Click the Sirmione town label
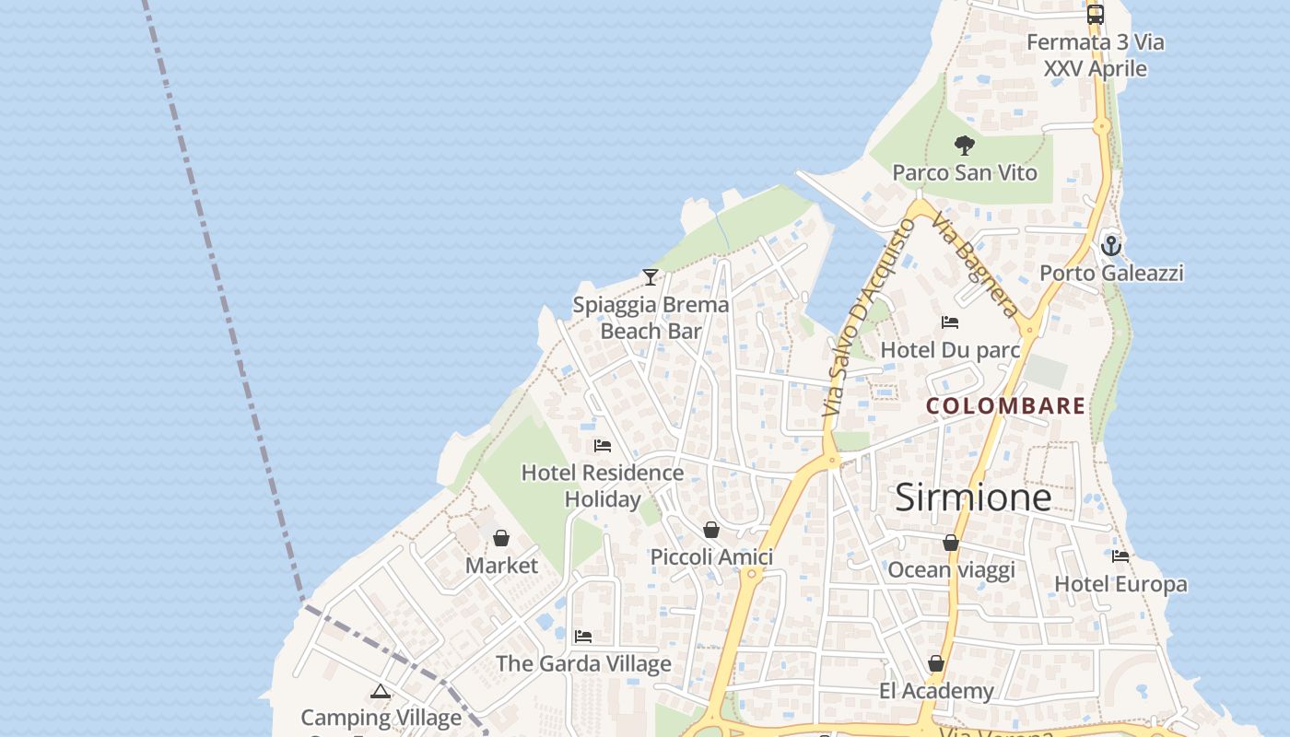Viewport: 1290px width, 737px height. tap(973, 497)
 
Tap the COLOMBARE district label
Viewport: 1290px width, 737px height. tap(1005, 406)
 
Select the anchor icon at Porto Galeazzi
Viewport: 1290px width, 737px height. tap(1111, 246)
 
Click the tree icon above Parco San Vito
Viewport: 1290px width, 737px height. tap(965, 146)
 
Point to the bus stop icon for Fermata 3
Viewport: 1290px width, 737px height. tap(1096, 15)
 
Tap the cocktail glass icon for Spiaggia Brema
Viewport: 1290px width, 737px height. tap(651, 276)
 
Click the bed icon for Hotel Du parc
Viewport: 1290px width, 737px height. tap(950, 322)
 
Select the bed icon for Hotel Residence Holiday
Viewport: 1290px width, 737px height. tap(603, 446)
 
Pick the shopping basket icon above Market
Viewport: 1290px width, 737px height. tap(501, 538)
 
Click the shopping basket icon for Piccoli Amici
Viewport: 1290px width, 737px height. tap(711, 530)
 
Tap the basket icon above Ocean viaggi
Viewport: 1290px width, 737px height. tap(951, 544)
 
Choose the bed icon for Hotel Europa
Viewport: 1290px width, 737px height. tap(1120, 556)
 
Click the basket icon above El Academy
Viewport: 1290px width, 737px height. tap(936, 663)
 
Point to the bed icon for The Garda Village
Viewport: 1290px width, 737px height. tap(582, 637)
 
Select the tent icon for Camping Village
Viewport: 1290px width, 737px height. tap(381, 691)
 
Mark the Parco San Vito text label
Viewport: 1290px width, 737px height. tap(965, 173)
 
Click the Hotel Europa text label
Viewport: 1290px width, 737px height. tap(1120, 584)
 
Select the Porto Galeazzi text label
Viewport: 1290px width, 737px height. tap(1111, 274)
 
